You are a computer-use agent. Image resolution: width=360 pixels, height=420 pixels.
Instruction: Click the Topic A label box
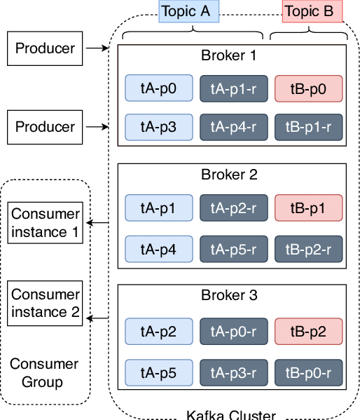coord(188,11)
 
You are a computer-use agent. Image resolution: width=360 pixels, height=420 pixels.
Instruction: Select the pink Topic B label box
coord(312,11)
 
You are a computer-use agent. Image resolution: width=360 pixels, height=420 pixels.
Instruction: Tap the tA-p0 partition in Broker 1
coord(159,88)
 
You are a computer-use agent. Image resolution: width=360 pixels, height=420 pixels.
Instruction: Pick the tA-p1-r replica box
coord(234,88)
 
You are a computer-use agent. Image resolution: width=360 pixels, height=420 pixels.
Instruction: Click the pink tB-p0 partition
coord(309,88)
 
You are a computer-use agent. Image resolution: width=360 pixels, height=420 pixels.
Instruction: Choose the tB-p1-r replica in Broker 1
coord(309,127)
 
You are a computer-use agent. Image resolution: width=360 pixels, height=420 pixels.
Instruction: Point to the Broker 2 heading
coord(229,175)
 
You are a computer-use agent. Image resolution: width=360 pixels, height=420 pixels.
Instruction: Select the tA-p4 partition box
coord(159,249)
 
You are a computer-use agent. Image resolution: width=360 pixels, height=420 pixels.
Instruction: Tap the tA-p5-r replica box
coord(234,249)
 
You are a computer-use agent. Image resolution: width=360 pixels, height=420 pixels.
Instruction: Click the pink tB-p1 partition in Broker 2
coord(309,208)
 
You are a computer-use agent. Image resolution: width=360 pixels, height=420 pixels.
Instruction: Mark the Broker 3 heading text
coord(229,295)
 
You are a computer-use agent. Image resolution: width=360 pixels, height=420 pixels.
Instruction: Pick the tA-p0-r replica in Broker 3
coord(234,332)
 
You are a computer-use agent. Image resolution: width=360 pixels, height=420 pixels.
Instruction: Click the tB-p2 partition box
coord(309,332)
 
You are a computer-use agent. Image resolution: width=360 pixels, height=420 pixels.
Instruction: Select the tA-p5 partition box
coord(159,372)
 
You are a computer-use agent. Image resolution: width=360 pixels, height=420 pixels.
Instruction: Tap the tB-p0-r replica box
coord(309,372)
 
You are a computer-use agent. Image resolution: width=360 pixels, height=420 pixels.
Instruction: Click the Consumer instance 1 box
coord(45,223)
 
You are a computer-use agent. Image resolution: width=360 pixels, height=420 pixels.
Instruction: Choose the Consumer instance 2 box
coord(45,303)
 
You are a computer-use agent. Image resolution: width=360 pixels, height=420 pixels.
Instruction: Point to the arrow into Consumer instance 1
coord(97,222)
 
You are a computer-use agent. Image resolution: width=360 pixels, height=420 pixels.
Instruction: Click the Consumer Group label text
coord(44,373)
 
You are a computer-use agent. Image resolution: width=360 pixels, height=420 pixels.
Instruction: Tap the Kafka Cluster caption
coord(231,415)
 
